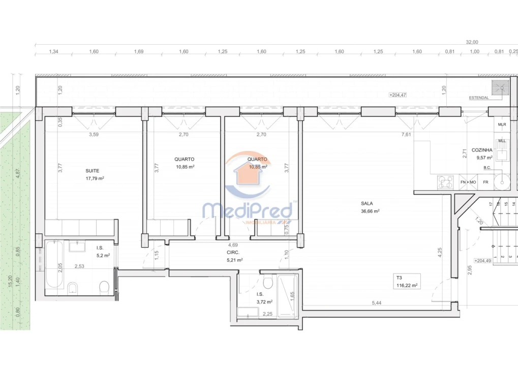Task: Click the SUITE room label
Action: [93, 171]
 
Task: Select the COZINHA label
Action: [481, 150]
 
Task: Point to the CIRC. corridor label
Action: [234, 252]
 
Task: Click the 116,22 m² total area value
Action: [407, 286]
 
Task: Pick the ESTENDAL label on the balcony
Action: [479, 98]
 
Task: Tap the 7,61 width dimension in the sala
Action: [406, 135]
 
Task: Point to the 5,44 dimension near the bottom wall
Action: [376, 303]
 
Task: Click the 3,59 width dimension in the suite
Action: [94, 135]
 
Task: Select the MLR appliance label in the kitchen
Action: [502, 125]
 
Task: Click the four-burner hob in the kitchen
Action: [445, 181]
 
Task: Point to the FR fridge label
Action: [485, 182]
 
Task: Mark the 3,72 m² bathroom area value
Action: [265, 302]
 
